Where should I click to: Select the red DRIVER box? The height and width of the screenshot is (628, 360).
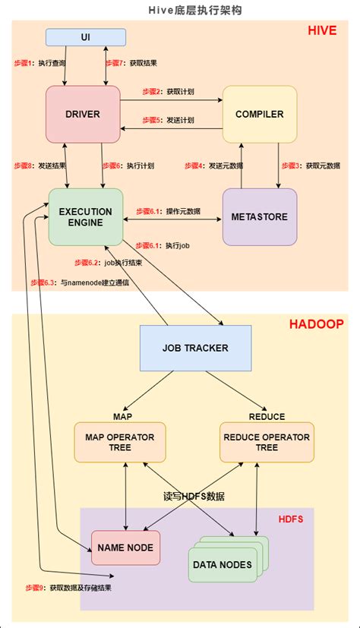pos(83,115)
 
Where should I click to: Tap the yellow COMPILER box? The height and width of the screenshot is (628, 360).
pos(259,115)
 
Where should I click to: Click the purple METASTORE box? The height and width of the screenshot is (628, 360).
pos(259,217)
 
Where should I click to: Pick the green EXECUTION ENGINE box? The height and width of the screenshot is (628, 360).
pos(85,217)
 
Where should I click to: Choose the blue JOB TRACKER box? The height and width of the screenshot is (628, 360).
pos(195,349)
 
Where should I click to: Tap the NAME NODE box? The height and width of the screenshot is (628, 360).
pos(125,548)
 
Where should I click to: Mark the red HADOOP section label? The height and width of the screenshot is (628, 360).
pos(316,324)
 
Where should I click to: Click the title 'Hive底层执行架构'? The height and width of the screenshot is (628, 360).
pos(179,10)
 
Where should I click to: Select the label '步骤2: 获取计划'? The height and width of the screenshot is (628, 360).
pos(168,91)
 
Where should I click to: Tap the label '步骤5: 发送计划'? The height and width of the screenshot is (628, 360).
pos(168,121)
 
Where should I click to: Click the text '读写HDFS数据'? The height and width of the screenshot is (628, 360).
pos(194,497)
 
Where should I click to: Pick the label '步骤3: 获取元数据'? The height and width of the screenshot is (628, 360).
pos(311,165)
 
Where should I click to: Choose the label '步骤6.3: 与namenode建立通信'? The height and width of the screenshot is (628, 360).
pos(80,282)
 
